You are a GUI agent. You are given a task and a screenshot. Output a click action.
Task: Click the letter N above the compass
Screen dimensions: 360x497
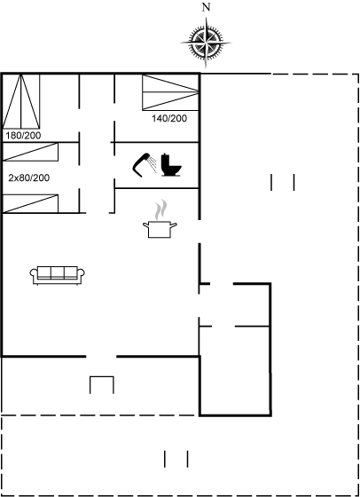click(x=206, y=8)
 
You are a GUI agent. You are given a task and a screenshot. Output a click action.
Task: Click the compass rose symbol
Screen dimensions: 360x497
click(x=206, y=43)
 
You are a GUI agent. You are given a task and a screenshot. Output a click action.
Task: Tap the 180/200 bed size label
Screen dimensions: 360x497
click(x=23, y=136)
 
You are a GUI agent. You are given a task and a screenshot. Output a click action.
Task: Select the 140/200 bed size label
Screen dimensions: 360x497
click(x=169, y=119)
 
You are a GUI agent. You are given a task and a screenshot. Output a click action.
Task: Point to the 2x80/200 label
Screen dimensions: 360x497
click(x=28, y=178)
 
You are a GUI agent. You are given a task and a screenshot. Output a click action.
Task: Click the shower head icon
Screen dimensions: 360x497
click(x=141, y=165)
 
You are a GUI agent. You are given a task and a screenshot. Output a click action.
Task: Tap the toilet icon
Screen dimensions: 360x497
click(x=171, y=165)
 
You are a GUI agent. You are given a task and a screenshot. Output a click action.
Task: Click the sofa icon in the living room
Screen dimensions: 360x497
click(x=58, y=275)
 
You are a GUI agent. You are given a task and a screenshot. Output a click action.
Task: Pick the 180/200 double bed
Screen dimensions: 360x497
click(x=21, y=101)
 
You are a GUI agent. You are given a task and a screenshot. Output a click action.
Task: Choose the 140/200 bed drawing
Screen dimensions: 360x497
click(x=170, y=92)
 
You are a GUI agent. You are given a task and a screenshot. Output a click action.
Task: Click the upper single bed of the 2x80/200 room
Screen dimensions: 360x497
click(x=30, y=152)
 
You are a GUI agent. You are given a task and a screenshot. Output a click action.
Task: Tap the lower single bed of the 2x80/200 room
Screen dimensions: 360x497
click(x=30, y=203)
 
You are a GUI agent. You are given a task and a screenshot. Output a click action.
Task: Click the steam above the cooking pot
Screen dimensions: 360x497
click(x=160, y=209)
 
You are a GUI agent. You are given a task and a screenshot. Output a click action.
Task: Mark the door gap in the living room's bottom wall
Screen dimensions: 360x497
click(x=101, y=357)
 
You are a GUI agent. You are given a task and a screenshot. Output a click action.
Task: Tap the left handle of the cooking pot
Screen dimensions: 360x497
click(x=145, y=225)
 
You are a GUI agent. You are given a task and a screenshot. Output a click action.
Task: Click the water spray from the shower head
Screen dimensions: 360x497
click(x=153, y=164)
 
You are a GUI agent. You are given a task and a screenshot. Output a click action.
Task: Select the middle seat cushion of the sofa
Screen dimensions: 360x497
click(x=58, y=272)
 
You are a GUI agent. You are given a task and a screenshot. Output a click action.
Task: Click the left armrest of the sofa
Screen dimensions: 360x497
click(x=34, y=274)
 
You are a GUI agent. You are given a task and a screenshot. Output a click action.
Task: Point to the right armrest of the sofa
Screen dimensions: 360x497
click(x=81, y=274)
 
